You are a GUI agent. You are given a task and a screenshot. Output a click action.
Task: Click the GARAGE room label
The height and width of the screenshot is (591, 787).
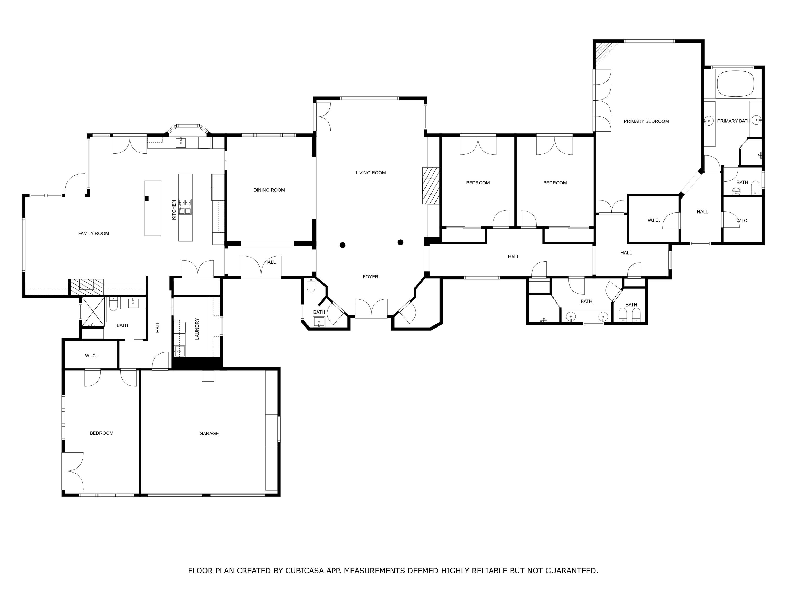209,434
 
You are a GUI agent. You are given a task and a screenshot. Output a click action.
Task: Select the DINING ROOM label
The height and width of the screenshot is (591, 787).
269,190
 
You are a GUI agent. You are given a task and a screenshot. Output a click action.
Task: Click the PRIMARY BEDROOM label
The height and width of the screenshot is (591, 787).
646,121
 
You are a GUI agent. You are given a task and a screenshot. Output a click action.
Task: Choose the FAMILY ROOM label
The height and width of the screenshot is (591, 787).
94,233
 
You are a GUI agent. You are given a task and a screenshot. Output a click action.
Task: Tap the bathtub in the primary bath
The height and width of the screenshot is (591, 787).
735,83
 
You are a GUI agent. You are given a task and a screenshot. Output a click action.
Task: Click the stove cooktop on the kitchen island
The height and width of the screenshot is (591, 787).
185,207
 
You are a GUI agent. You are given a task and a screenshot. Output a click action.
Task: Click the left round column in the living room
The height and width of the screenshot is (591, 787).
343,245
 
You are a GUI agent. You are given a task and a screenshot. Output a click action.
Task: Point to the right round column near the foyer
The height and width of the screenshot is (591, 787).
400,242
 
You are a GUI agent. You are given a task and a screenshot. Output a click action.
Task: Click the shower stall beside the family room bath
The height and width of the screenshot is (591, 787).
93,312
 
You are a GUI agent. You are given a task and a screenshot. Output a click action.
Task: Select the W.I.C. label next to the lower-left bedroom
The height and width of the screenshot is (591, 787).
91,356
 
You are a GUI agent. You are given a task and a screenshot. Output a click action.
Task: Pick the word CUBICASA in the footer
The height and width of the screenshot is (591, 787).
305,571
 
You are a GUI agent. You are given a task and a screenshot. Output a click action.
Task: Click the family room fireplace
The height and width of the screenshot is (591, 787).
87,287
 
